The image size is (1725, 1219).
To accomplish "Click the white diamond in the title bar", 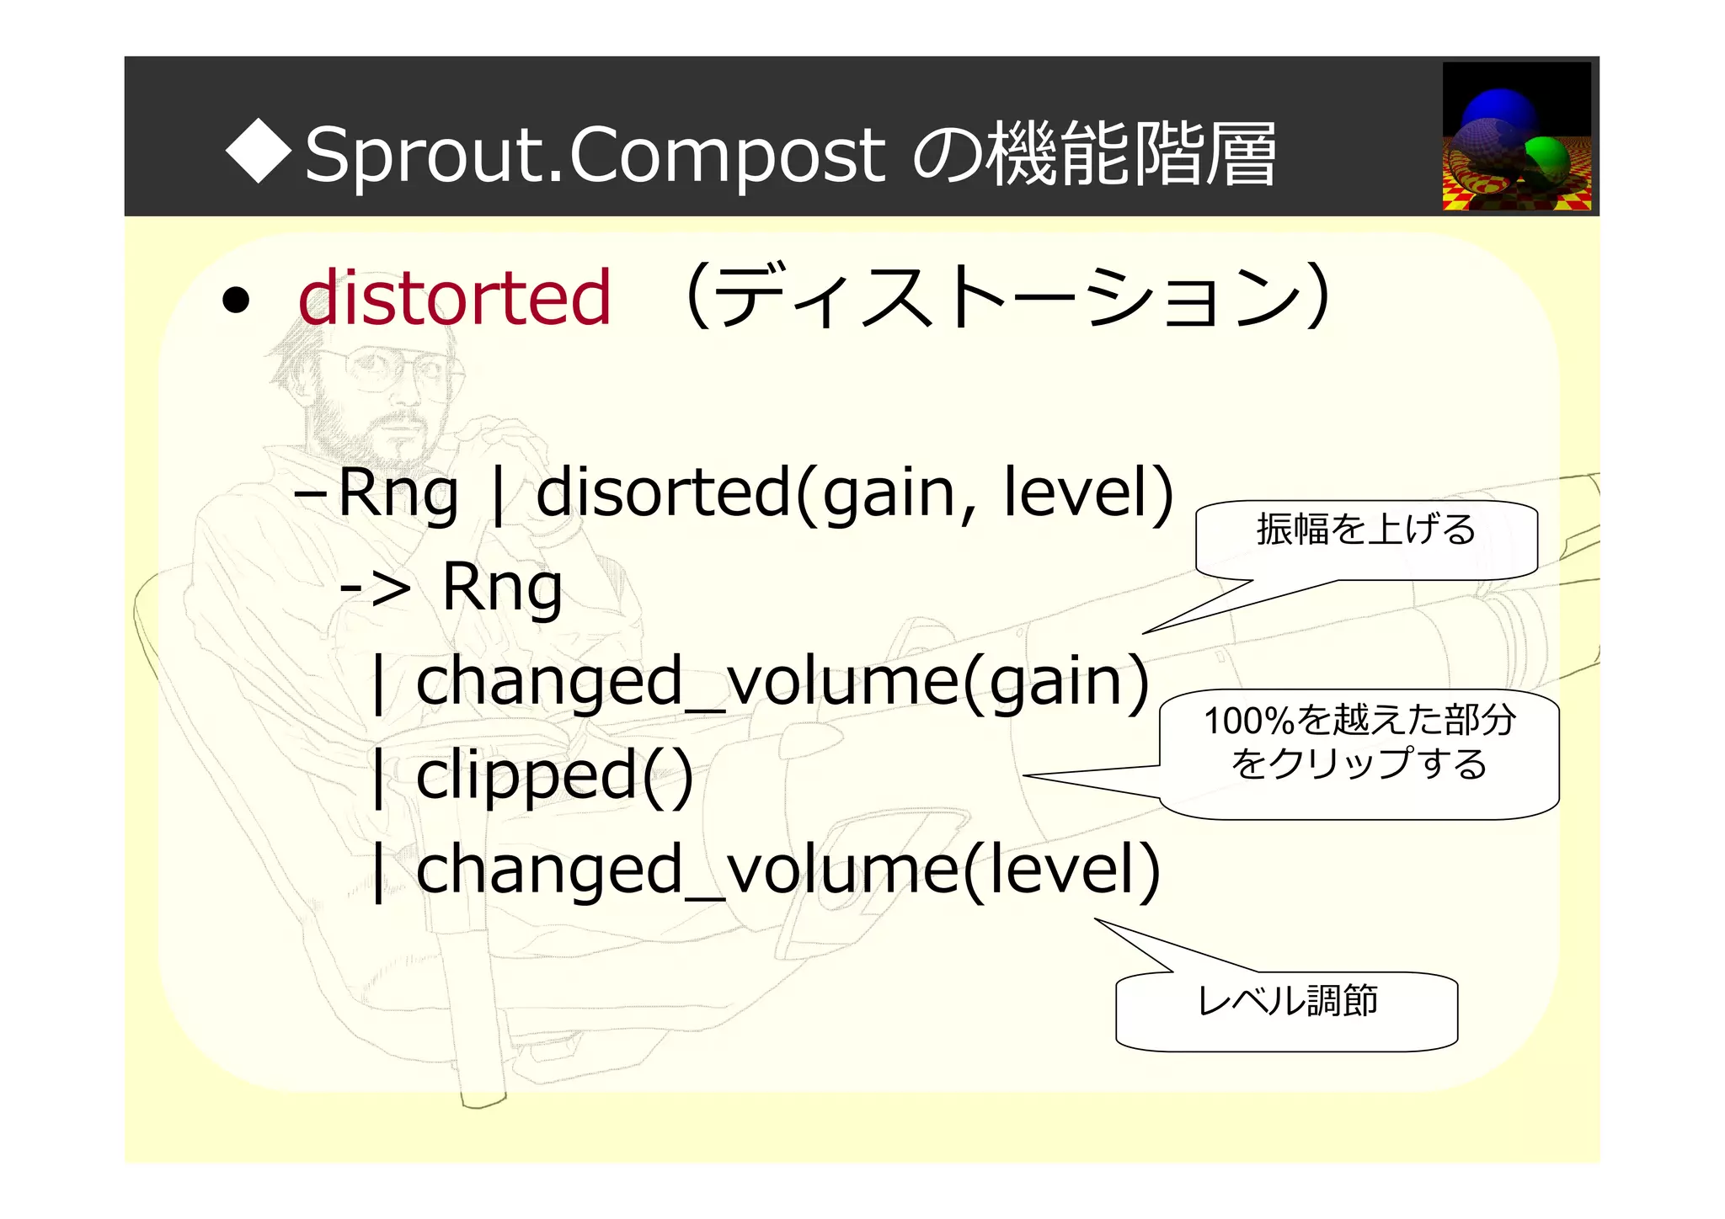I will click(259, 151).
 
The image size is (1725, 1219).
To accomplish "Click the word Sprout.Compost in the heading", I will click(594, 155).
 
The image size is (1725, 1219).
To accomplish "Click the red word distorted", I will click(454, 298).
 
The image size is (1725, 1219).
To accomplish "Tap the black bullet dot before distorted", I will click(236, 301).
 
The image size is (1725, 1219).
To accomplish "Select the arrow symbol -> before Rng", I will click(375, 588).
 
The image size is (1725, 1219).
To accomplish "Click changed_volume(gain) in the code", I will click(782, 682).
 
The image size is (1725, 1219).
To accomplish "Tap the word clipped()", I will click(554, 776).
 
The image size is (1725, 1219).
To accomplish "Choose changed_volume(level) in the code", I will click(788, 870).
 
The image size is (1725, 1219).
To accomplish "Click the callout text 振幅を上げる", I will click(1365, 530).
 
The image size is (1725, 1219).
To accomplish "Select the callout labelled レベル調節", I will click(1286, 1002).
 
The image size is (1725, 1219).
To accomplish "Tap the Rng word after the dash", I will click(398, 494).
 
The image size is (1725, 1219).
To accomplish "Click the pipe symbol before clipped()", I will click(379, 778).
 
